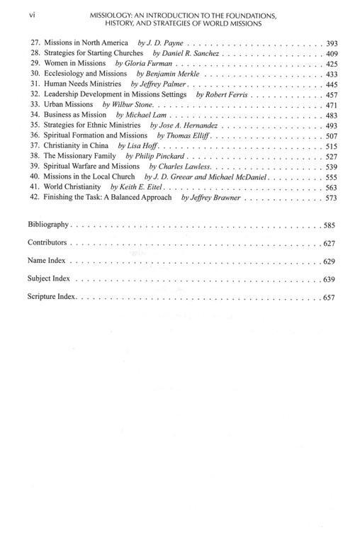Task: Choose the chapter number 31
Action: point(33,84)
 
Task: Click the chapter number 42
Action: point(33,197)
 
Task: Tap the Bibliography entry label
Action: point(48,224)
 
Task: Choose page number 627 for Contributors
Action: point(329,243)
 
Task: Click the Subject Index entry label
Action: point(49,278)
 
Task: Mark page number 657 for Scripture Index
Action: point(329,297)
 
